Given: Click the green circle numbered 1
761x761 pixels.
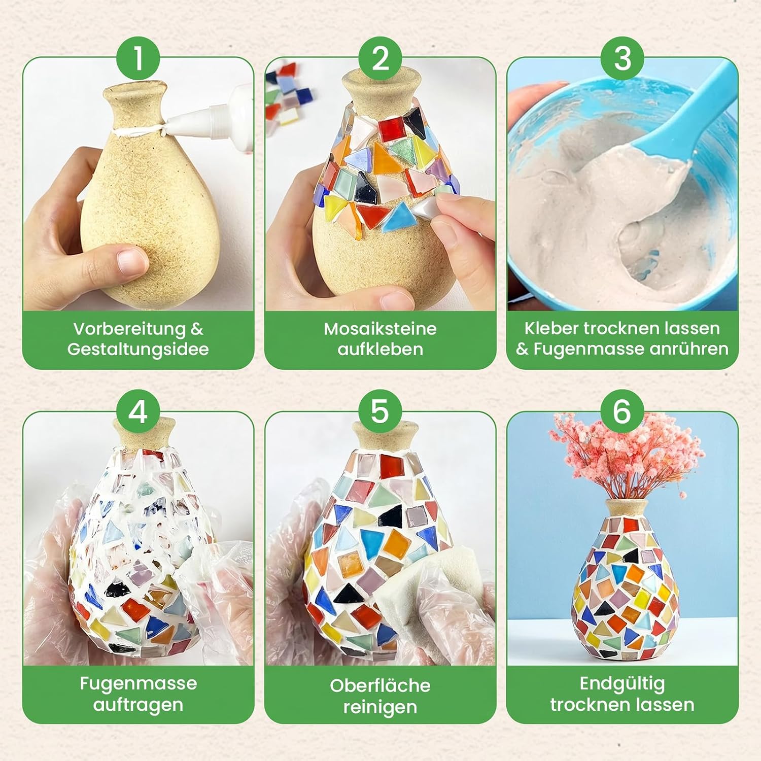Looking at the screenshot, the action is [x=138, y=58].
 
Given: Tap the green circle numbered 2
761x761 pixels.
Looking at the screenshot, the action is [x=380, y=58].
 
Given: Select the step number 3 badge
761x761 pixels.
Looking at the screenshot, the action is [x=622, y=58].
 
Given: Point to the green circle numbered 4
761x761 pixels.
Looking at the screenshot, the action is [x=138, y=412].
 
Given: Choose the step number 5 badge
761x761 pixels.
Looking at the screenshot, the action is [x=380, y=412].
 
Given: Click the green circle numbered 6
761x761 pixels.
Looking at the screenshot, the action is [x=622, y=412].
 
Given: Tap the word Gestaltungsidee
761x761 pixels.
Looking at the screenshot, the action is [x=138, y=350].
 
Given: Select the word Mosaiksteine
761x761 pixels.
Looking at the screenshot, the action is [x=380, y=329].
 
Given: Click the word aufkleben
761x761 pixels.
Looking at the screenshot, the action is [x=380, y=350].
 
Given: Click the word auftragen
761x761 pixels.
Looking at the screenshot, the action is [x=138, y=705].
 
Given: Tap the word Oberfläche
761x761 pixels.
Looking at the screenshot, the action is [x=380, y=685].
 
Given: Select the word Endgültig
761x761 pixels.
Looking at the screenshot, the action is [x=622, y=684].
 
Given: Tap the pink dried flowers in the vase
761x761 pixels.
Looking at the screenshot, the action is [x=627, y=457].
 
